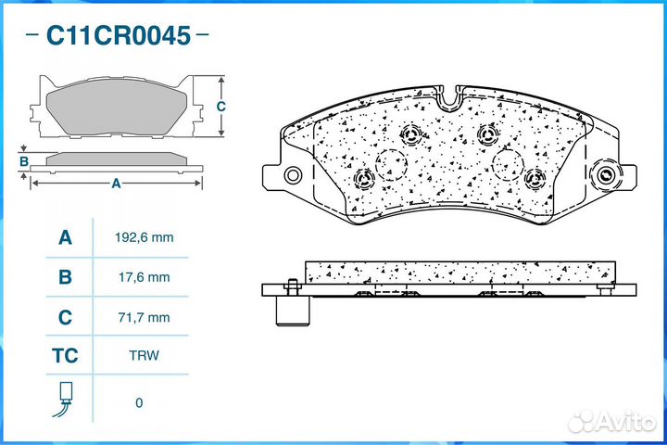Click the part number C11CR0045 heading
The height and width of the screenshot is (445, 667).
click(119, 35)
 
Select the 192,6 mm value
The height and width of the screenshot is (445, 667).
click(145, 237)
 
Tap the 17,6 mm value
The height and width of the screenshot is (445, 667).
click(145, 277)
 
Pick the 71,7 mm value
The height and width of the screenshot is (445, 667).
click(145, 317)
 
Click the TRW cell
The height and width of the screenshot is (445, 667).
click(145, 355)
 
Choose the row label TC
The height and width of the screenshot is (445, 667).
click(65, 356)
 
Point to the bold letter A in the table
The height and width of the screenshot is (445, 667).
click(65, 237)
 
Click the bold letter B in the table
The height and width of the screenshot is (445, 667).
click(65, 277)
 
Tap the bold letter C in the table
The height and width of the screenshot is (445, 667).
click(65, 317)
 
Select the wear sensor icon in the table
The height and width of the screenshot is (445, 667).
click(64, 399)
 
